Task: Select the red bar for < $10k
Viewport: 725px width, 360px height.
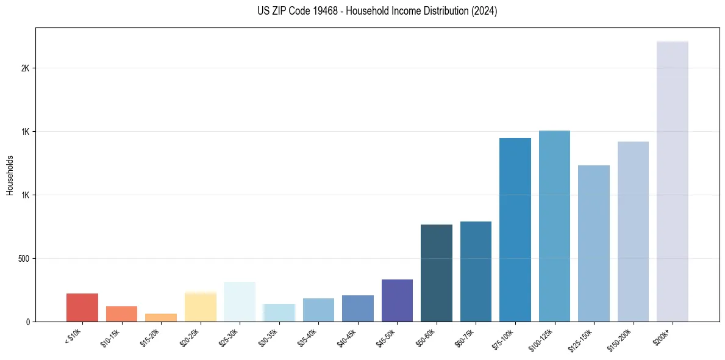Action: click(82, 308)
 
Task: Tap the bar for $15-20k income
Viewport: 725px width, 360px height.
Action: click(161, 317)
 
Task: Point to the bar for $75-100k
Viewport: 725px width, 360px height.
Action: click(515, 229)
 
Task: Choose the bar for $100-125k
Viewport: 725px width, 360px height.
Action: click(554, 226)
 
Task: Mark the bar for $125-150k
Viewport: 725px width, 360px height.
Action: click(594, 243)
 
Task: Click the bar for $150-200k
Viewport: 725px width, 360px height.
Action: click(633, 231)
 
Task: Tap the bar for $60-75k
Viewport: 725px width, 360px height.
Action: click(476, 272)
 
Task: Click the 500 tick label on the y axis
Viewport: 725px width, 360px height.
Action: click(24, 259)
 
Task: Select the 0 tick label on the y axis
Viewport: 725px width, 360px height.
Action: click(28, 322)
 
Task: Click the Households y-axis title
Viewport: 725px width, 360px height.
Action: click(10, 175)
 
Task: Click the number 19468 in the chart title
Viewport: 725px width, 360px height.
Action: click(323, 11)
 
